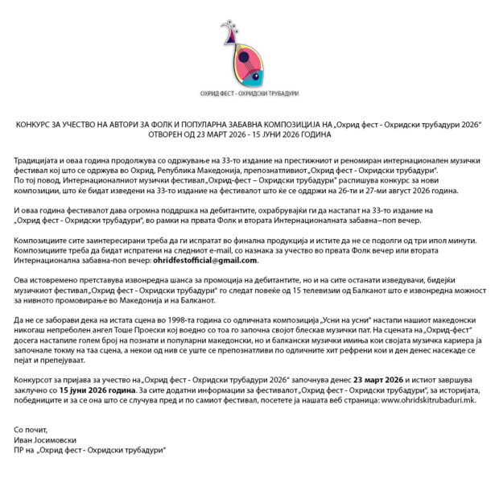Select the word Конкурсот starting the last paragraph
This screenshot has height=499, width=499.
click(35, 379)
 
